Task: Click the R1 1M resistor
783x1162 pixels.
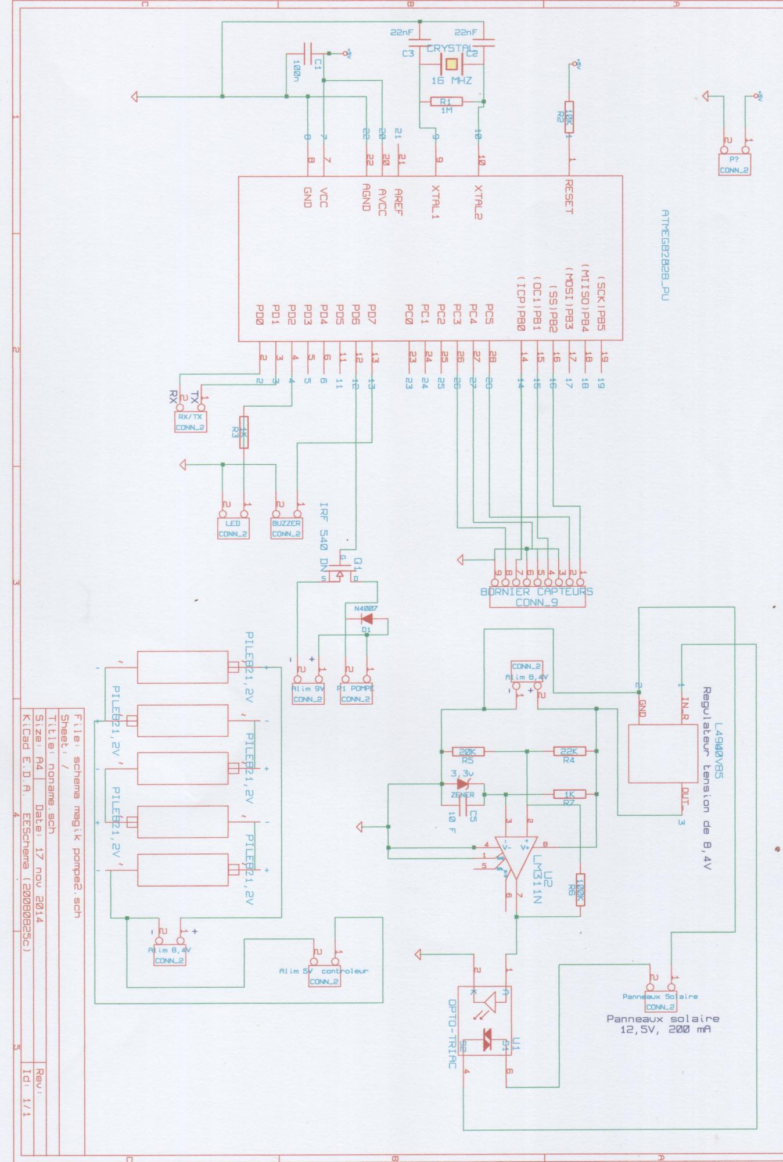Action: (x=446, y=102)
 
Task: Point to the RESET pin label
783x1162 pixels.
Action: (x=569, y=197)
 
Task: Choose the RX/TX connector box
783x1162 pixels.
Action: (x=191, y=422)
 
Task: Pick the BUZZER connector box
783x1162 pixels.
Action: (x=286, y=528)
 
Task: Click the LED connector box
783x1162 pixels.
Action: (x=233, y=528)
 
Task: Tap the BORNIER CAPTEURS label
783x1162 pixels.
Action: (x=536, y=591)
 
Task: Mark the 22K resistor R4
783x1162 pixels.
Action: (x=569, y=751)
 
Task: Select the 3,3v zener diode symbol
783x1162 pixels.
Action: (x=463, y=784)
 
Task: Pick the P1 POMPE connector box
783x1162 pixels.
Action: (x=356, y=694)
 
